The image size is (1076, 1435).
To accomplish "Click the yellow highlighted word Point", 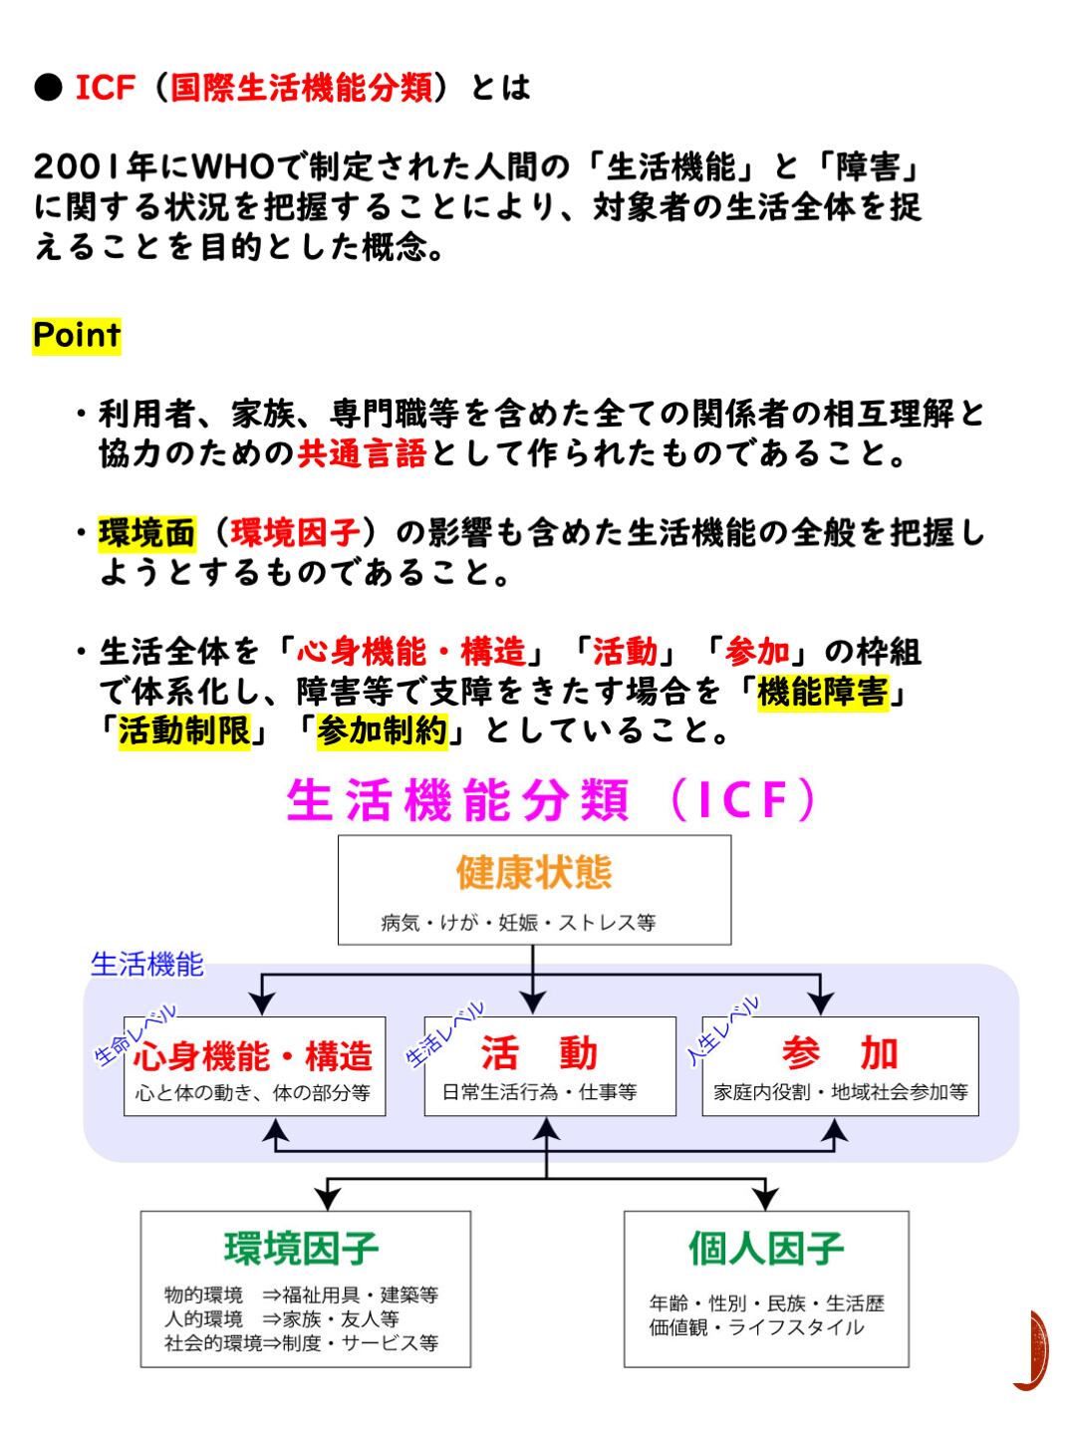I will coord(77,335).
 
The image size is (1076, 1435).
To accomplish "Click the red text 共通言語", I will coord(362,454).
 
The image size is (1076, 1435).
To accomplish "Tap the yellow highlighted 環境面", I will coord(146,533).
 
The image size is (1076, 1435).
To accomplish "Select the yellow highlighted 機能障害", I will coord(822,692).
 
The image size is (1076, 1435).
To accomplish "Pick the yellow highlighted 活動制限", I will coord(184,731).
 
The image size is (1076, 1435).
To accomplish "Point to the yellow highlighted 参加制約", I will coord(382,731).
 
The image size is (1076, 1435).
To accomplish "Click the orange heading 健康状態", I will coord(534,872).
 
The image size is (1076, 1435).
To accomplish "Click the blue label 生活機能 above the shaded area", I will coord(146,964).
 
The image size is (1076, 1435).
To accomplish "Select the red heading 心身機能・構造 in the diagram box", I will coord(253,1054).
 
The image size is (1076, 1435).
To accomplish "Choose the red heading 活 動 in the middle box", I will coord(539,1052).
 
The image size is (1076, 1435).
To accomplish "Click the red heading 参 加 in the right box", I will coord(840,1052).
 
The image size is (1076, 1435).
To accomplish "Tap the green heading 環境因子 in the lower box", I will coord(302,1248).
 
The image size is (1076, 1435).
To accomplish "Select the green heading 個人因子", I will coord(766,1247).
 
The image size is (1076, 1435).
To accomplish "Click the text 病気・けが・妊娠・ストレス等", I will coord(518,923).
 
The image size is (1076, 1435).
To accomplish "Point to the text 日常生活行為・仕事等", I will coord(539,1092).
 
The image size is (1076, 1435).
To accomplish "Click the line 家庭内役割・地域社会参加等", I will coord(840,1092).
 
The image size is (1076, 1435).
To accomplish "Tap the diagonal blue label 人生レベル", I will coord(723,1030).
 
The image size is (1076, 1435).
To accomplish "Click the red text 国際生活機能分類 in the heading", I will coord(302,88).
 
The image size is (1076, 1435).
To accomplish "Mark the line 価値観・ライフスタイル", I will coord(756,1327).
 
